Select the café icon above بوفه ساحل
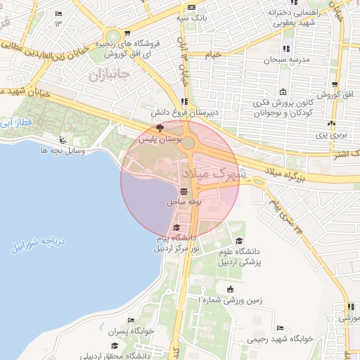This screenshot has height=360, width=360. (184, 191)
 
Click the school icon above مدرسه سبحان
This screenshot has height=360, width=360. (286, 49)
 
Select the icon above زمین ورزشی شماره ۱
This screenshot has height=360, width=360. (231, 288)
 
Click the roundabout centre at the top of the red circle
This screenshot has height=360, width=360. (188, 143)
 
